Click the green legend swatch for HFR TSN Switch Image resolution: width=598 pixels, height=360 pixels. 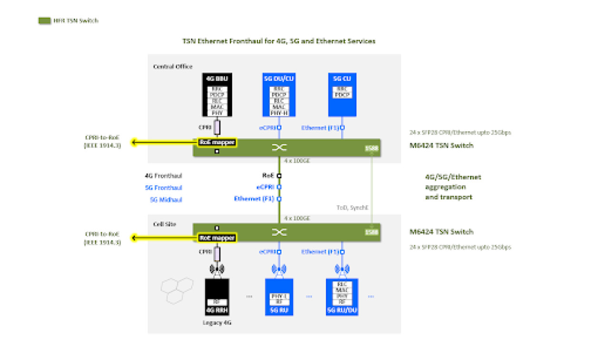[44, 21]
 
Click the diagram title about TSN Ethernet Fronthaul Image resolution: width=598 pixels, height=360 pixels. [279, 41]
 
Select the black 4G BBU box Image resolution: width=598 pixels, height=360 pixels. [217, 95]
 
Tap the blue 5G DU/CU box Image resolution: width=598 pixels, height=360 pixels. [279, 95]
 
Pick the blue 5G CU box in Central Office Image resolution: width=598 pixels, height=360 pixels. [342, 95]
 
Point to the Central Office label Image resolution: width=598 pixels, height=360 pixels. [172, 67]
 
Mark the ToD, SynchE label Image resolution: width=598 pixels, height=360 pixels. [350, 208]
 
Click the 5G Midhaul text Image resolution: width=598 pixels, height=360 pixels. [166, 200]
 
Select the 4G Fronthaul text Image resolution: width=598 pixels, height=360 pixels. [163, 176]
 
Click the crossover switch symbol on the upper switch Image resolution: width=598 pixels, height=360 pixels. [279, 148]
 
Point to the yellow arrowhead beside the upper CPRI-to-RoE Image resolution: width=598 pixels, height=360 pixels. [135, 142]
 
